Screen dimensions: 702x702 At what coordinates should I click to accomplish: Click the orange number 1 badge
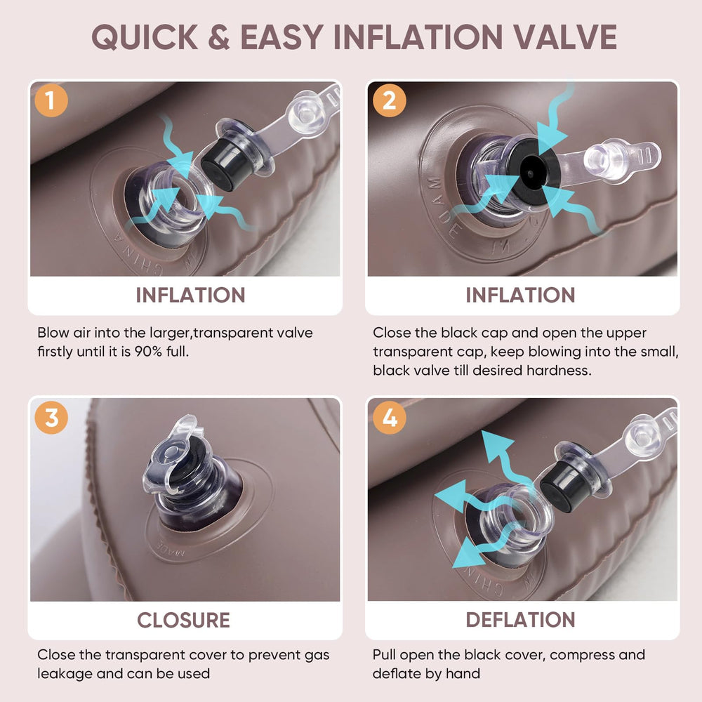coord(51,100)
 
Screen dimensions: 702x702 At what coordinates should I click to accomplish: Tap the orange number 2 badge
coord(390,100)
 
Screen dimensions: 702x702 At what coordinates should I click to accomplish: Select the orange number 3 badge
coord(51,418)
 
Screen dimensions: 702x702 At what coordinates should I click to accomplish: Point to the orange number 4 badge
coord(390,418)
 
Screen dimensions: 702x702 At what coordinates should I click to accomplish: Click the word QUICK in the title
coord(145,37)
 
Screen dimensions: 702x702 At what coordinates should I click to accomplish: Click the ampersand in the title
coord(219,37)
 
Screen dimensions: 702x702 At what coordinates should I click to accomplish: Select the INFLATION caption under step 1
coord(190,295)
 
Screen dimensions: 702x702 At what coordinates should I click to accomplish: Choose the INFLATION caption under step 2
coord(520,295)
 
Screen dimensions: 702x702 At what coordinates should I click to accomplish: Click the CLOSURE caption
coord(183,620)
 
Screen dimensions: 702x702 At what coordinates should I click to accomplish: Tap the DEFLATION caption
coord(520,620)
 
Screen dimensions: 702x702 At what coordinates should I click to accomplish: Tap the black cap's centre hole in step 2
coord(531,173)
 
